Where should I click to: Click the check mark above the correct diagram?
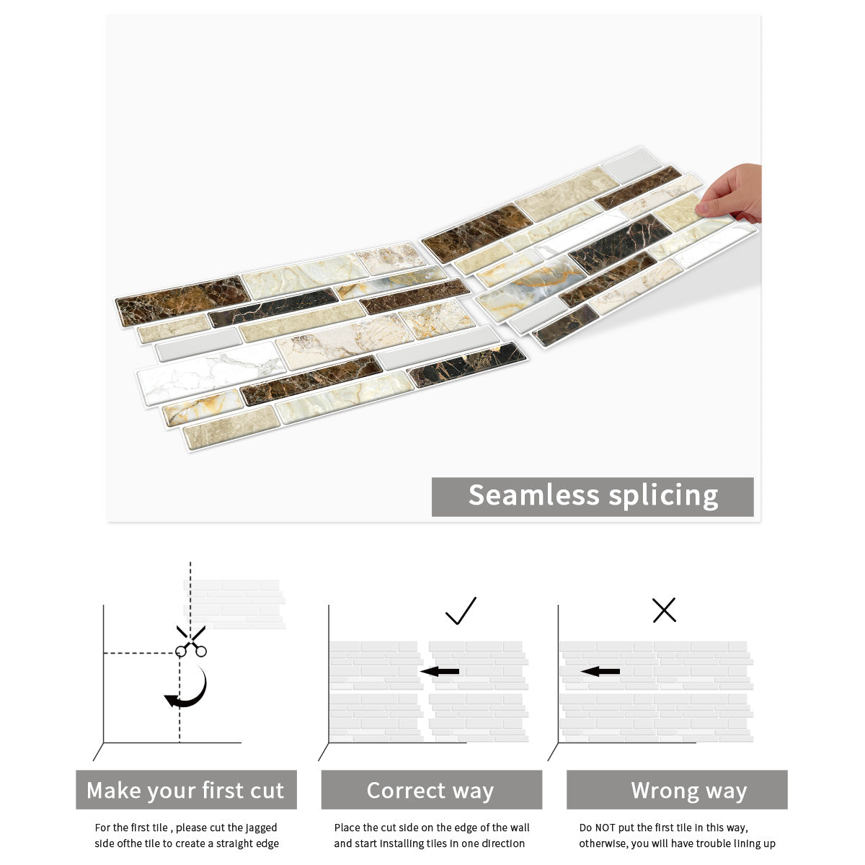click(x=461, y=611)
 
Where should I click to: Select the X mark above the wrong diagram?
click(x=664, y=610)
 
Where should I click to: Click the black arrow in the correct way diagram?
click(x=440, y=672)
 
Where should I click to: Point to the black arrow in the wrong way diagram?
click(x=600, y=672)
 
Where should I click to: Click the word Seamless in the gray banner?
click(x=533, y=495)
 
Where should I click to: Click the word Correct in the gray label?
click(x=405, y=791)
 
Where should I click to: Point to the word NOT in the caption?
click(x=605, y=828)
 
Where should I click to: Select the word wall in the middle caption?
click(x=520, y=828)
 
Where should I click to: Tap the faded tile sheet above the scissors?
click(x=234, y=604)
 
